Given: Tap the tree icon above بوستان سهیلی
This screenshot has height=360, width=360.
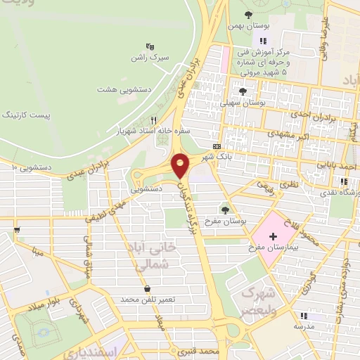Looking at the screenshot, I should (243, 91).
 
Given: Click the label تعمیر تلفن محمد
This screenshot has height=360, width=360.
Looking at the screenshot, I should (146, 300).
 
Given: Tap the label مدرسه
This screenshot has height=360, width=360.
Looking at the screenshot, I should (303, 327).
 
